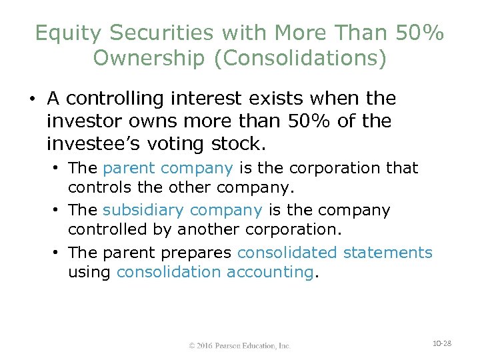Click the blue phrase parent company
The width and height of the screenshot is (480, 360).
tap(168, 168)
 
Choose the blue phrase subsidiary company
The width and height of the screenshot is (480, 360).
tap(182, 210)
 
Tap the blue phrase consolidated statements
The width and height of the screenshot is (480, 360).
tap(335, 253)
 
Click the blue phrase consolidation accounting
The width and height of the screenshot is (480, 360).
tap(214, 272)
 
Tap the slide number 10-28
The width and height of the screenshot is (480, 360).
tap(441, 343)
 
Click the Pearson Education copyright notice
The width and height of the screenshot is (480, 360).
tap(239, 345)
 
